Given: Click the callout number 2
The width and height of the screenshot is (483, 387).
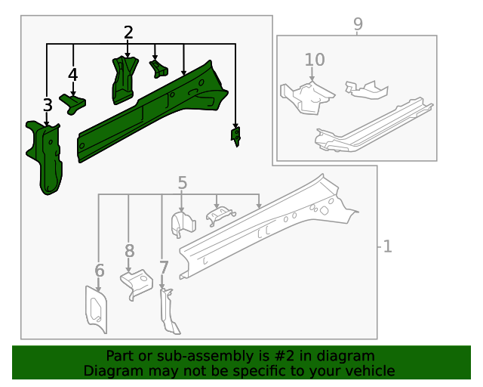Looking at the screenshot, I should coord(128,33).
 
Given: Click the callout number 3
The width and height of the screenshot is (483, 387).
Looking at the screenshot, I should coord(47,105).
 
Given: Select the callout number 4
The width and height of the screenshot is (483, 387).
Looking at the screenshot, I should coord(72,75).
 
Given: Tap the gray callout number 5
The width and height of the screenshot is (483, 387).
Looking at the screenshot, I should coord(182,182).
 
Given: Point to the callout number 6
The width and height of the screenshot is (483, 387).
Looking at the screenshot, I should coord(99,271).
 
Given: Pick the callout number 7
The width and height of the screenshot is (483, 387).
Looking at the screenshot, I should coord(164,267).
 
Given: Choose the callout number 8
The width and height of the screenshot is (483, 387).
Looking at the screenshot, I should coord(129,250).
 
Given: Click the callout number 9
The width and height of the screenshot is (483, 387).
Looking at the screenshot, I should coord(358,24).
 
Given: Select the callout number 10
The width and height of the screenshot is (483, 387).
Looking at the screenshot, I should coord(315,59).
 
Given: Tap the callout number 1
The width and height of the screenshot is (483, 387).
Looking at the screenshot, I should coord(387,246).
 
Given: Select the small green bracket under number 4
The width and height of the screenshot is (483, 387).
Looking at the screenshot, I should coord(73,102).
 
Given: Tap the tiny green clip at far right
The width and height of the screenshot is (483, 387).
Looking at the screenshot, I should coord(236,135).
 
